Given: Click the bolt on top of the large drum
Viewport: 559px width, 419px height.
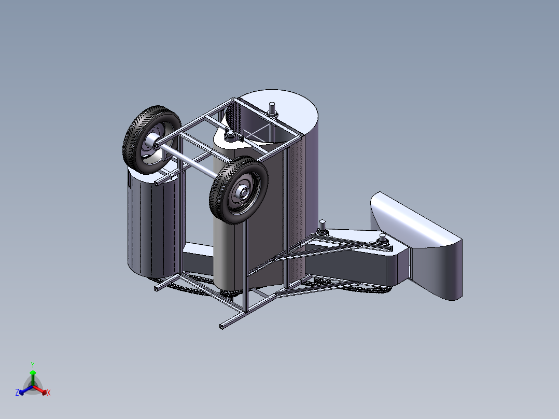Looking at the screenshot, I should click(x=271, y=110).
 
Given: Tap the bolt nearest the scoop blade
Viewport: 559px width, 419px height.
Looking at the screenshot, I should click(x=383, y=240).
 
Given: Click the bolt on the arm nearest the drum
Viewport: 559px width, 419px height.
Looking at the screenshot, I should click(x=323, y=227).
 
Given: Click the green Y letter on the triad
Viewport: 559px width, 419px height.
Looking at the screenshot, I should click(x=32, y=365).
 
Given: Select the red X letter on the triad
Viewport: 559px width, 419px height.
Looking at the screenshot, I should click(x=49, y=393).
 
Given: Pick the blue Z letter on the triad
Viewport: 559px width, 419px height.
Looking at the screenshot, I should click(x=17, y=393).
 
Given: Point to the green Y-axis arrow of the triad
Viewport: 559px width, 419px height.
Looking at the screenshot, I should click(x=33, y=376).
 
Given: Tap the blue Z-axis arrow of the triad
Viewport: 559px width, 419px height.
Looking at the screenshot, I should click(x=24, y=390).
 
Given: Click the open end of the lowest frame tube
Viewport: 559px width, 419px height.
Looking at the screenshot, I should click(x=222, y=326).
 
